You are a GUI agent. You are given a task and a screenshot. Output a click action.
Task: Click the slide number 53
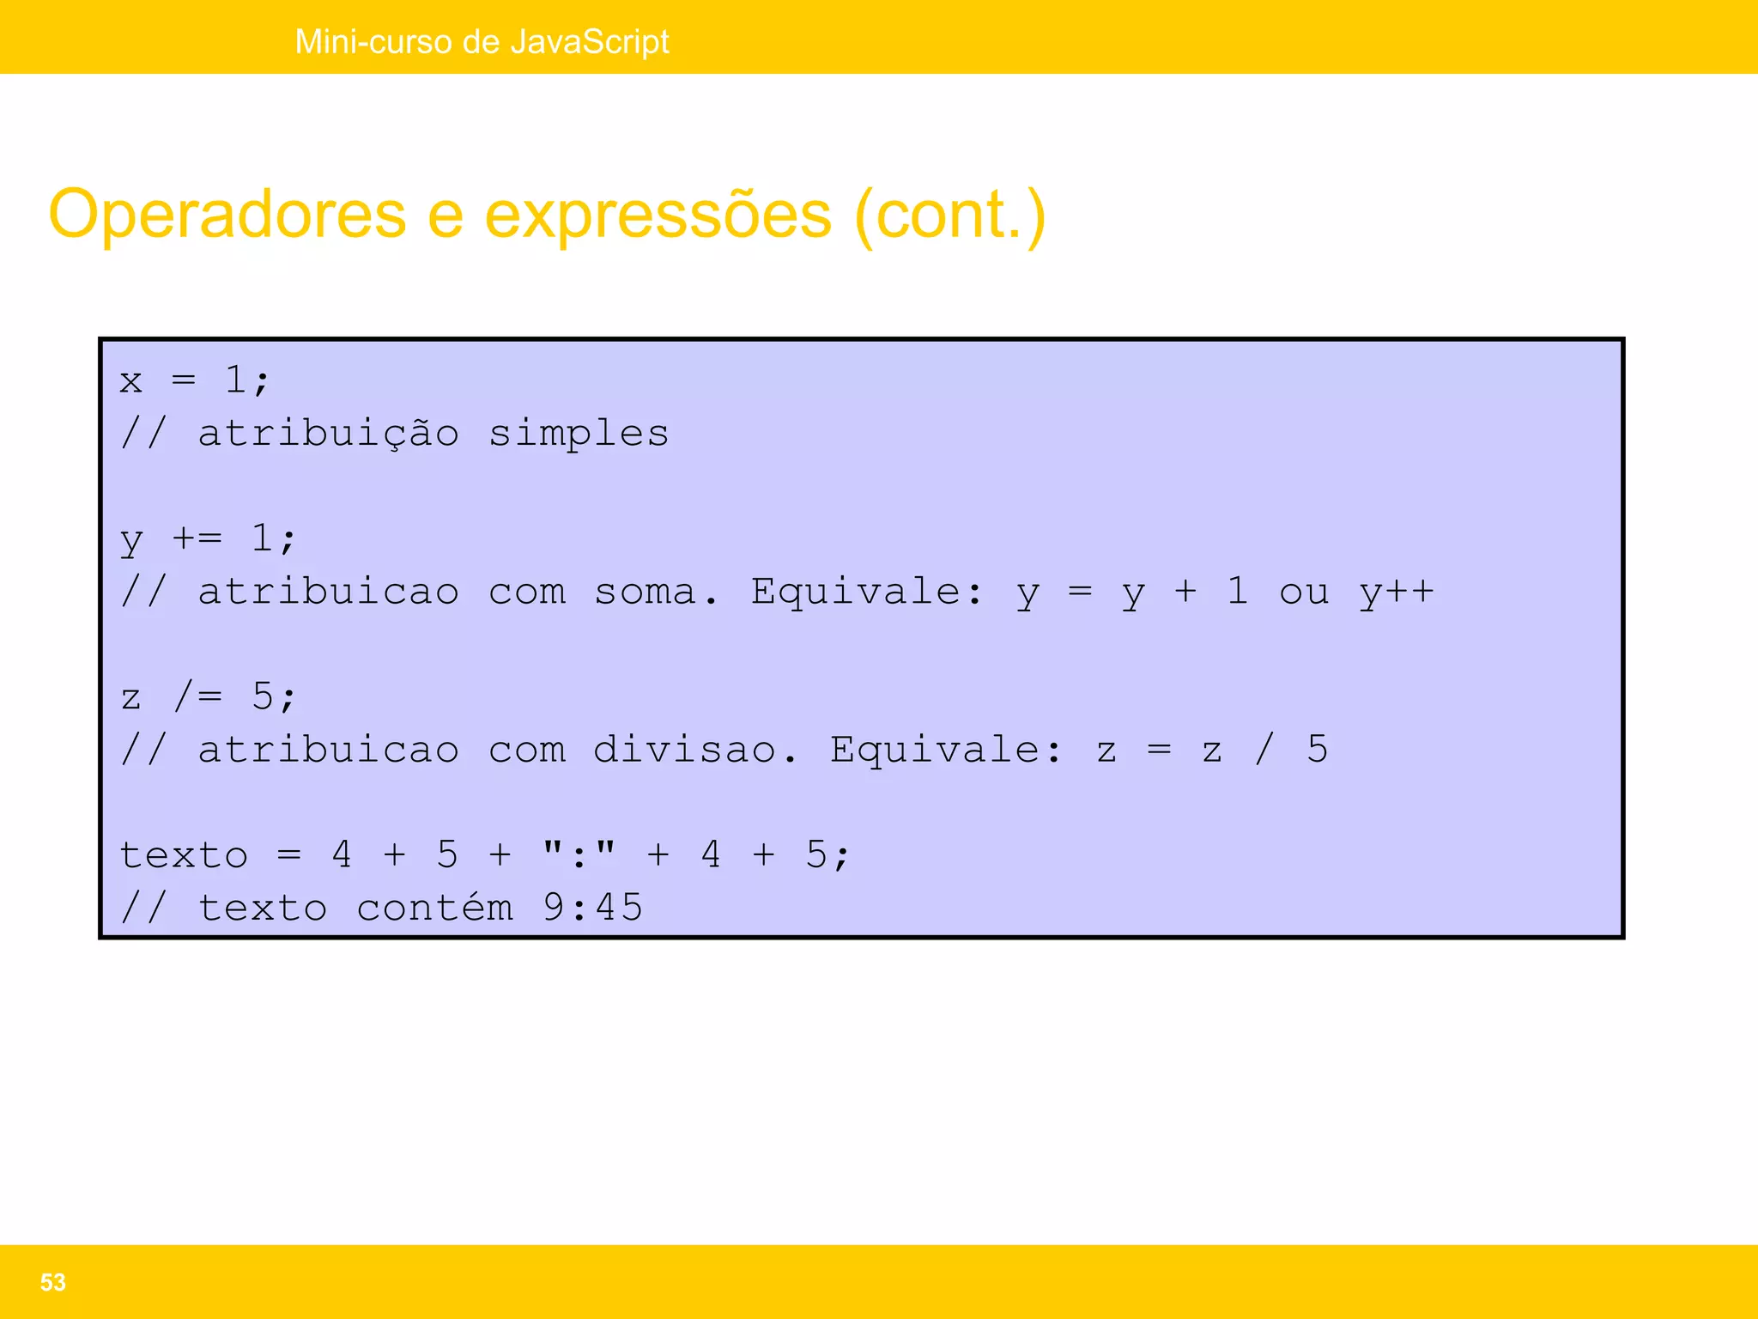coord(52,1282)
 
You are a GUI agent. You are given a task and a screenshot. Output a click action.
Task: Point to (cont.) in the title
coord(950,215)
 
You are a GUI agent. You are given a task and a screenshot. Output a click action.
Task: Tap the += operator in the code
coord(197,539)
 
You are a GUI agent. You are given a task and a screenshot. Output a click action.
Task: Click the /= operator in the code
coord(197,696)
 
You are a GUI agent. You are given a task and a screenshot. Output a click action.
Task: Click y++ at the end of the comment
coord(1396,592)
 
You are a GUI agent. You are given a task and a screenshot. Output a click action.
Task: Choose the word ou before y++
coord(1303,592)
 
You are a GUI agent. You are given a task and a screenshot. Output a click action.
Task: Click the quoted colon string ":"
coord(579,855)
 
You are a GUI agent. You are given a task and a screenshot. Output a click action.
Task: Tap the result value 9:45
coord(592,908)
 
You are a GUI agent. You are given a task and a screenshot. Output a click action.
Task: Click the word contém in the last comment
coord(433,908)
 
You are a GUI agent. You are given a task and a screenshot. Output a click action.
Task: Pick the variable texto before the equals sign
coord(184,855)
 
